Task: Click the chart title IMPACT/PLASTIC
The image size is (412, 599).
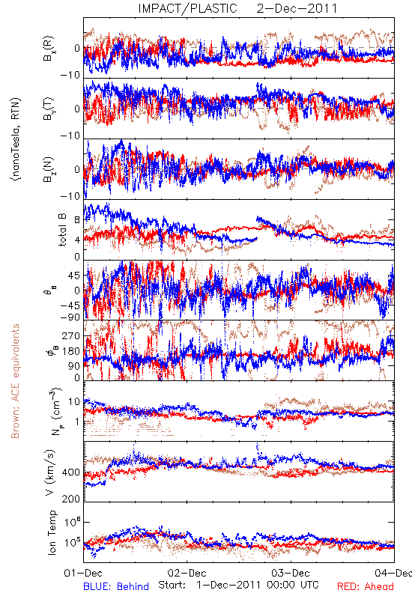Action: tap(188, 8)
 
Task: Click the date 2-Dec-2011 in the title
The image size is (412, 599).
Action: tap(297, 8)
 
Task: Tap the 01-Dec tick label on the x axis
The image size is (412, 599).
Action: tap(83, 573)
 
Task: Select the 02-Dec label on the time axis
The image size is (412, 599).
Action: tap(187, 573)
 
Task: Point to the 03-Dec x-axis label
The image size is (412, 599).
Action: tap(291, 573)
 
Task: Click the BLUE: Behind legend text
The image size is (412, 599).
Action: tap(116, 586)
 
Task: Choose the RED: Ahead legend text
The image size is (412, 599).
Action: tap(366, 586)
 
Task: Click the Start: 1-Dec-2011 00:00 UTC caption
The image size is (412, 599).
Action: tap(238, 585)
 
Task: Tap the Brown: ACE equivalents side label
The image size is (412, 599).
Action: tap(15, 381)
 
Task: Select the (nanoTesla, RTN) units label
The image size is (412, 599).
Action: tap(15, 139)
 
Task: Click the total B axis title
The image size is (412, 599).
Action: tap(61, 230)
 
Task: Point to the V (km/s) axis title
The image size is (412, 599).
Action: tap(50, 472)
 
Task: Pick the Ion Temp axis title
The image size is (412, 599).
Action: tap(52, 532)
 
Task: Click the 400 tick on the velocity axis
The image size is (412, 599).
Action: tap(71, 472)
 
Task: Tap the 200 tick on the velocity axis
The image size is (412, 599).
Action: tap(71, 499)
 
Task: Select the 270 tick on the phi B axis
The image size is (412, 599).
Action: tap(71, 335)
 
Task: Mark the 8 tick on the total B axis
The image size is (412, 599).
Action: tap(78, 219)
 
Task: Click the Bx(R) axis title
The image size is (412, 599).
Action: tap(49, 49)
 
